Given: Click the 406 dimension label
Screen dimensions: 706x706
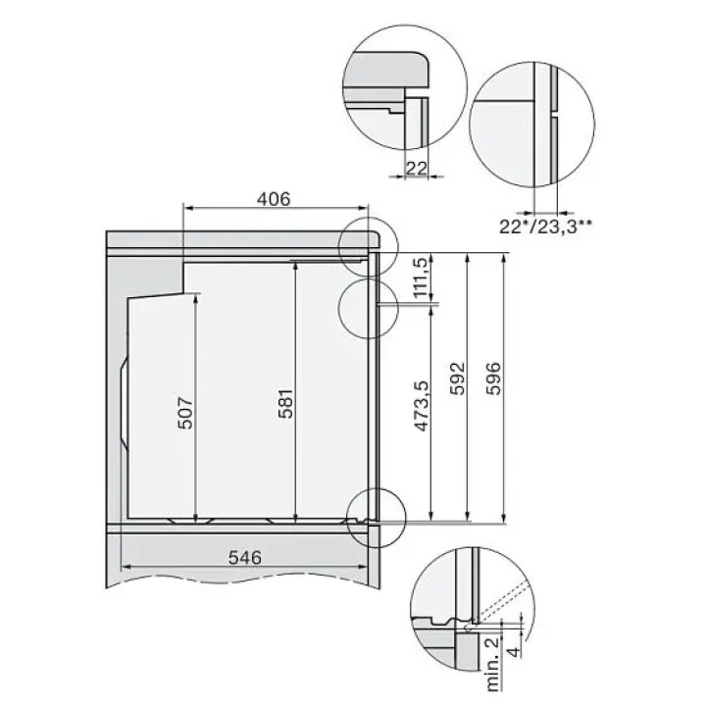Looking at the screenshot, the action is [274, 198].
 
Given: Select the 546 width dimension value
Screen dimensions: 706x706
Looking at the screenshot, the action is [245, 558].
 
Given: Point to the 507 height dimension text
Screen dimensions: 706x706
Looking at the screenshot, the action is [185, 413].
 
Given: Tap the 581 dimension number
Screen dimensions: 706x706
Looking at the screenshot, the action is [286, 403].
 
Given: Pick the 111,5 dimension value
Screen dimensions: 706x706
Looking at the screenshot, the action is [421, 277].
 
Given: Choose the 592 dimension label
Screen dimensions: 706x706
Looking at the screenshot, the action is [458, 378].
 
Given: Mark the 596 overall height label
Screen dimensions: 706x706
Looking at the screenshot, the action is [494, 378].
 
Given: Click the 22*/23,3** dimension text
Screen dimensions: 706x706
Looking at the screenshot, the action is [545, 227].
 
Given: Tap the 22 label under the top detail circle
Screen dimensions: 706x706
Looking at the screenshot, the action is [416, 169].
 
